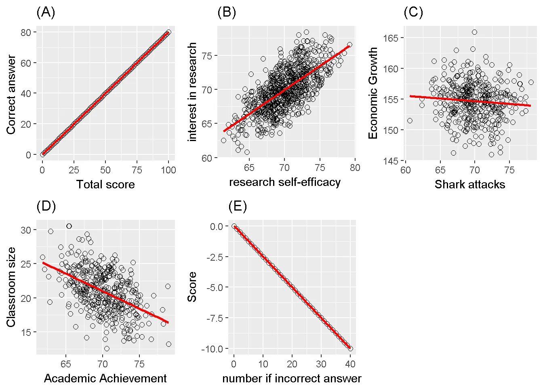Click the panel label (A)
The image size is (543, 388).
click(x=45, y=13)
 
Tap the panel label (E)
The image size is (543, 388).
click(x=237, y=207)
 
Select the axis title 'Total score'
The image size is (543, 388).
click(x=105, y=185)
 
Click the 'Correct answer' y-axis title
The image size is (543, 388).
click(x=11, y=95)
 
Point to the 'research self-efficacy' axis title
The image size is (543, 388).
click(x=285, y=182)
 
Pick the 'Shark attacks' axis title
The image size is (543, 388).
click(x=469, y=185)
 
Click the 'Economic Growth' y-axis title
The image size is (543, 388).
click(x=373, y=93)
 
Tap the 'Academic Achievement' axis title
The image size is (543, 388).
click(x=105, y=378)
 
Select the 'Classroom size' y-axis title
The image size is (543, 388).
click(x=11, y=287)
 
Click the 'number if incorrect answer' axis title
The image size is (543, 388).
click(x=292, y=378)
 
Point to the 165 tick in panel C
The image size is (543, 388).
click(x=391, y=38)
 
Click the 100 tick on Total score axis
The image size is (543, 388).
click(x=168, y=170)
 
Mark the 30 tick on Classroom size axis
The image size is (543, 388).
click(x=26, y=230)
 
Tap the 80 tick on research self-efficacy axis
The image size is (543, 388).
click(x=355, y=168)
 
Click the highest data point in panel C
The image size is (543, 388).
click(x=474, y=32)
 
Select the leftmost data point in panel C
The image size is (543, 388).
click(x=410, y=121)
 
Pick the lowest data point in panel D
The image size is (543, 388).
click(x=107, y=348)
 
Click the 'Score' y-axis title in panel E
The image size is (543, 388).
click(x=192, y=287)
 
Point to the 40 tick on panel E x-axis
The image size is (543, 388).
click(x=350, y=364)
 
